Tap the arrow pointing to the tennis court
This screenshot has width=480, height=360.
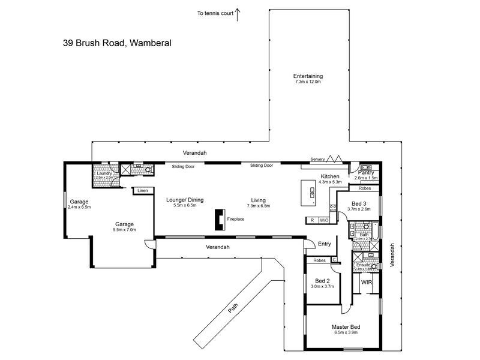click(238, 13)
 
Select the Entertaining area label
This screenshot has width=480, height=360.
click(308, 76)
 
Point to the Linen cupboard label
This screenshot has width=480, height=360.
click(142, 191)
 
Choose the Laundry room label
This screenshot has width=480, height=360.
click(104, 173)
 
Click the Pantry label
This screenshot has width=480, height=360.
click(365, 173)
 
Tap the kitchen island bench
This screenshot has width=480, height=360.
click(312, 192)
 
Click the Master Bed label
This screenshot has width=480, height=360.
click(344, 328)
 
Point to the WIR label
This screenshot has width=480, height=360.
click(366, 281)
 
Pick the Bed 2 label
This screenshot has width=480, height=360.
click(322, 281)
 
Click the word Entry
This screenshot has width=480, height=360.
click(324, 244)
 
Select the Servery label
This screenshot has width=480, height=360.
click(317, 159)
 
